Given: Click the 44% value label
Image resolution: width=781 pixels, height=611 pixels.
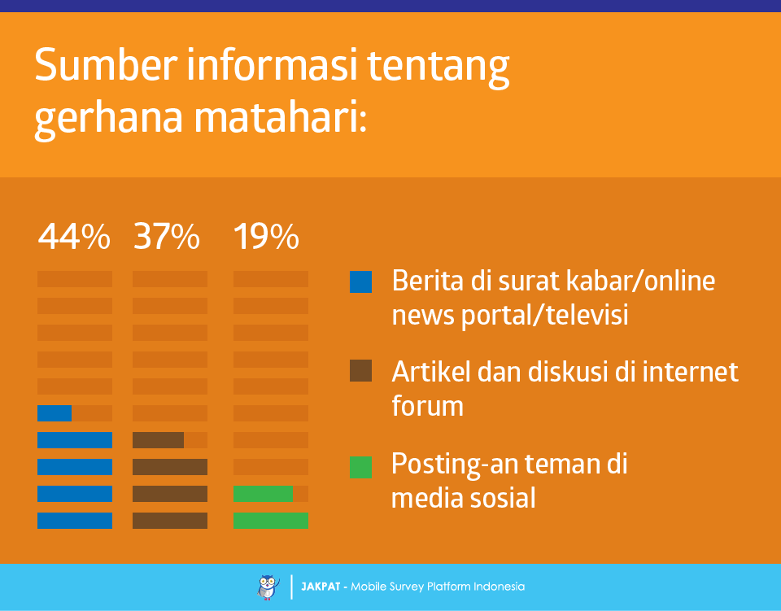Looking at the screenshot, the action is point(74,236).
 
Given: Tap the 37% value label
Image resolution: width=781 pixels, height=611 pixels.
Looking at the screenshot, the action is point(166,236).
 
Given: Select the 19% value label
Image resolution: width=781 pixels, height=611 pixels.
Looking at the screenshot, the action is point(267,236).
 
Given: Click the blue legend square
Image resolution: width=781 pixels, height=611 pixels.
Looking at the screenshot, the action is point(360,281).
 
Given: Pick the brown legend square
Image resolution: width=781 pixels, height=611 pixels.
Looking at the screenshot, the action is point(360,370).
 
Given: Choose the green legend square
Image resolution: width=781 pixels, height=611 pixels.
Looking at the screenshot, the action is point(360,467).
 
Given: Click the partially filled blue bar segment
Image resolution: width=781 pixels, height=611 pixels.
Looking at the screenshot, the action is point(55,413).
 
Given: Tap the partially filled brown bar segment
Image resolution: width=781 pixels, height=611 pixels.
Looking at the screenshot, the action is point(158,440).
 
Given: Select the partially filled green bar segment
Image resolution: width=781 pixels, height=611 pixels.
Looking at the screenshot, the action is point(263,494).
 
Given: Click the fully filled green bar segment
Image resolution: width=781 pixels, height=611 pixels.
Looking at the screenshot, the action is point(271,521).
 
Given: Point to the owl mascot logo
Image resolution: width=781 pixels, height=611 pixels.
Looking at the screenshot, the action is point(268,587).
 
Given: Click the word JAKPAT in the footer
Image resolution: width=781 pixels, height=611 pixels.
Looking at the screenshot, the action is point(321,587).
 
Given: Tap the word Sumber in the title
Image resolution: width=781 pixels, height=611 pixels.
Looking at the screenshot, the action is point(106,65).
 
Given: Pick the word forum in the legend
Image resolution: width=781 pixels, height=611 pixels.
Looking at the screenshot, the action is point(427,405).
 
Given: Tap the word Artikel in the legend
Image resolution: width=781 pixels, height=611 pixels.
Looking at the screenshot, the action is point(431,372).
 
